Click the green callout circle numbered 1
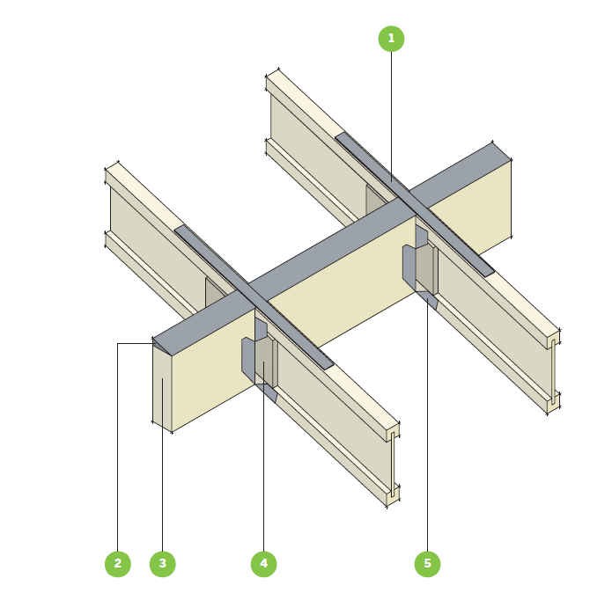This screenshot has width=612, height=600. [391, 39]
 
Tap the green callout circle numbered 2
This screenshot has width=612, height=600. [117, 563]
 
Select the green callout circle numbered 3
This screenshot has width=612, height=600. [162, 563]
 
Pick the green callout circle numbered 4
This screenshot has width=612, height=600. [263, 563]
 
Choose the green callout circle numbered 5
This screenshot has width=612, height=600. [427, 563]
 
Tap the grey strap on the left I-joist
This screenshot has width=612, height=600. [254, 296]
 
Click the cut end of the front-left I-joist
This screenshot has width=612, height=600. [393, 464]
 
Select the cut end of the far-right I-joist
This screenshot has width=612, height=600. [554, 371]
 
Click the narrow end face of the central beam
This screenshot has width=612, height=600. [162, 388]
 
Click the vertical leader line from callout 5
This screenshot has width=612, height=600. [427, 424]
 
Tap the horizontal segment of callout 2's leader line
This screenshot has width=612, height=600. [135, 343]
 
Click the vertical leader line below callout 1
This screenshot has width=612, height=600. [391, 116]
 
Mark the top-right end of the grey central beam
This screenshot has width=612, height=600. [502, 151]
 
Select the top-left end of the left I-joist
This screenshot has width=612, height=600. [112, 167]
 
